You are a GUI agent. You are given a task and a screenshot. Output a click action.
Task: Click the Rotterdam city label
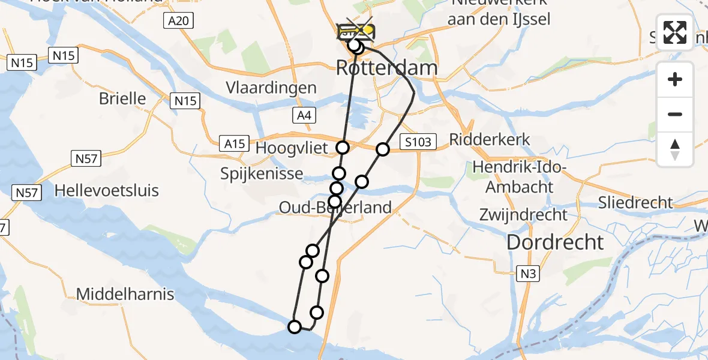[x=386, y=68]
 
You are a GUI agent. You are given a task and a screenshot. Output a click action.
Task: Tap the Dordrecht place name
[x=555, y=242]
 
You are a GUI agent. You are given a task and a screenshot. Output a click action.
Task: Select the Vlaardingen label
[x=271, y=88]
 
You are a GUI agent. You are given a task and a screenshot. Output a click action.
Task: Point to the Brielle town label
[x=122, y=98]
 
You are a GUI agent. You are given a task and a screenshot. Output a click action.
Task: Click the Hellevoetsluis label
[x=106, y=191]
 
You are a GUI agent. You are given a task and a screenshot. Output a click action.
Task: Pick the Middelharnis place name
[x=125, y=295]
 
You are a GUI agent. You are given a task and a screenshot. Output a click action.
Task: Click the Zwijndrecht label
[x=523, y=214]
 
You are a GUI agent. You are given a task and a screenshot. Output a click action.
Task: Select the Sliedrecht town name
[x=635, y=203]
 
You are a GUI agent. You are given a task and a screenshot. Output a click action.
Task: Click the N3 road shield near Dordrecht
[x=527, y=274]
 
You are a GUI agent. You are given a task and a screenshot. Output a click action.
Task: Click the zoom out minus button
[x=675, y=114]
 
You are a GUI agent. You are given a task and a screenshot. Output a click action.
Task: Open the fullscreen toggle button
[x=675, y=32]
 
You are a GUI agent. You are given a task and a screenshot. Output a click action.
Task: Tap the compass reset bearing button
[x=675, y=149]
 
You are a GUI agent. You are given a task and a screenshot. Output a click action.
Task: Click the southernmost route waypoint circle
[x=295, y=327]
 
